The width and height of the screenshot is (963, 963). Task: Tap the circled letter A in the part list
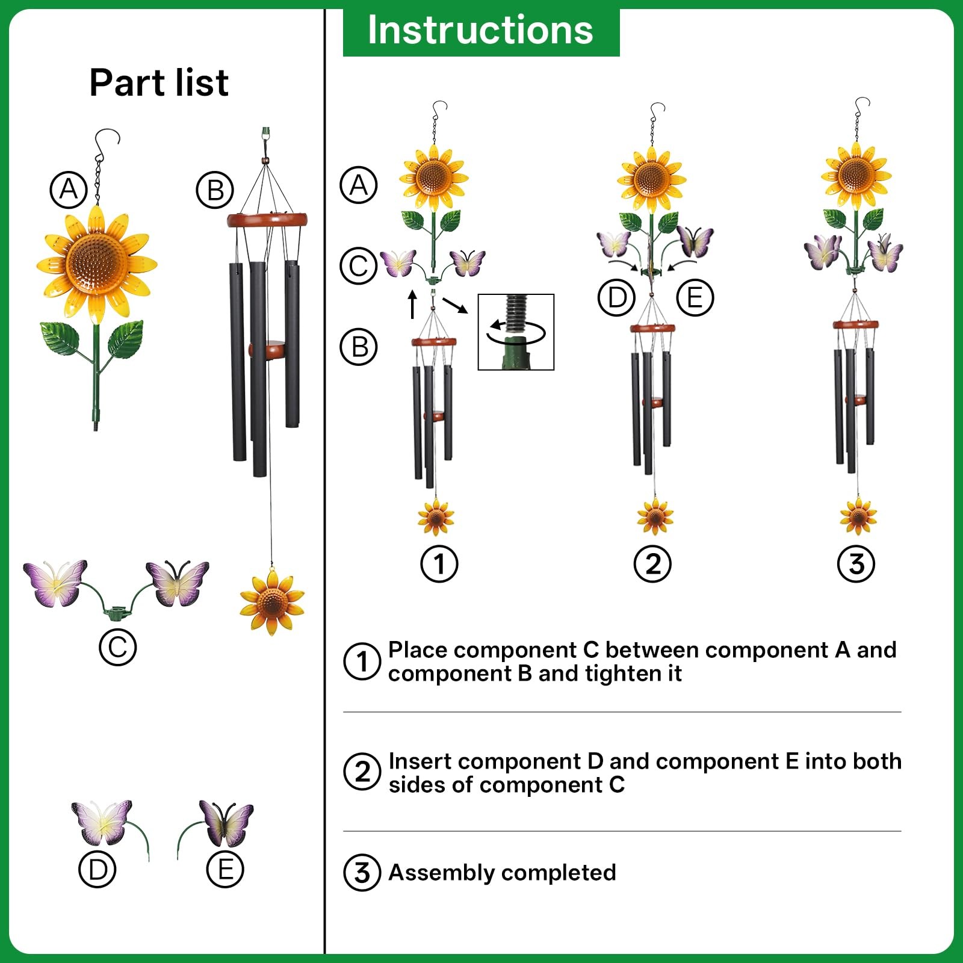[69, 190]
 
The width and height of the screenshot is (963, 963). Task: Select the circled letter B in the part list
[215, 190]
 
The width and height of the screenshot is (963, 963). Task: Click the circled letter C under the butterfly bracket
[117, 647]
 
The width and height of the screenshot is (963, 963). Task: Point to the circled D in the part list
[98, 870]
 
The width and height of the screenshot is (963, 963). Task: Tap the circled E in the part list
[225, 870]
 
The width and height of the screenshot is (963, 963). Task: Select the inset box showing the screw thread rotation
[516, 332]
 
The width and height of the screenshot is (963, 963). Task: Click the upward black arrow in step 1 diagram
[413, 305]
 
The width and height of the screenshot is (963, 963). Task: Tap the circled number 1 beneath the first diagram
[439, 564]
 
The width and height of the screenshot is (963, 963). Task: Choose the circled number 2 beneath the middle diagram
[653, 564]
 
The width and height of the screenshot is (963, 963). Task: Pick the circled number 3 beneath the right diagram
[856, 564]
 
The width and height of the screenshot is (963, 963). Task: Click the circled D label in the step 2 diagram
[617, 297]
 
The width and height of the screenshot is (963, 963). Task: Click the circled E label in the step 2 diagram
[695, 297]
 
